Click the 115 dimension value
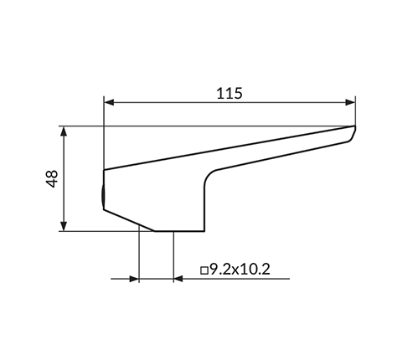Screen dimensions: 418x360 pyautogui.click(x=230, y=93)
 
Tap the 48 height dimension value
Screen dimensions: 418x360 pyautogui.click(x=52, y=179)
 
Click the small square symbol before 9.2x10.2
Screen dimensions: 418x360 pyautogui.click(x=204, y=270)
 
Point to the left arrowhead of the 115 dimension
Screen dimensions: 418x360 pyautogui.click(x=109, y=102)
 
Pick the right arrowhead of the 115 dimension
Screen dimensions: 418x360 pyautogui.click(x=350, y=102)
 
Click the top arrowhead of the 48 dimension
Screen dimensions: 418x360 pyautogui.click(x=64, y=131)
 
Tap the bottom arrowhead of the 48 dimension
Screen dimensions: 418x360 pyautogui.click(x=64, y=226)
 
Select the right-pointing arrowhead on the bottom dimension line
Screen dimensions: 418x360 pyautogui.click(x=134, y=279)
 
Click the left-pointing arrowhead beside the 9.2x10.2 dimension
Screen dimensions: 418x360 pyautogui.click(x=178, y=279)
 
